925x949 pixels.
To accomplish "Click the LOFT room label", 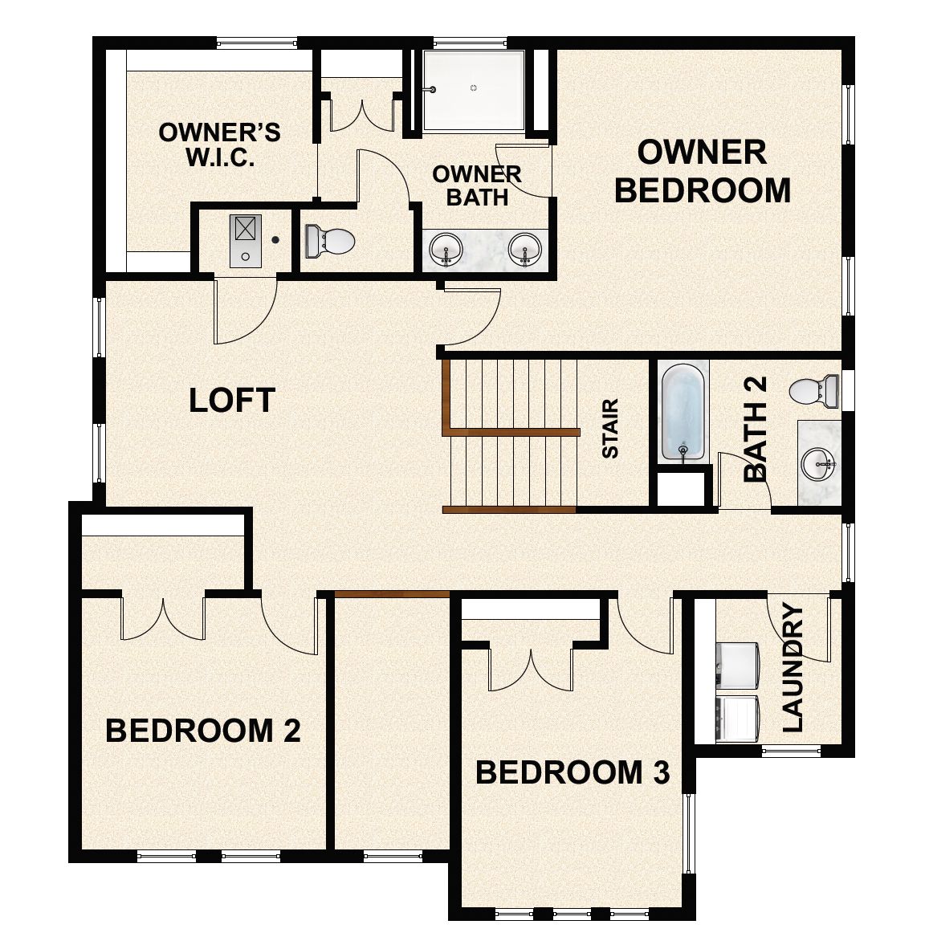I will point(232,399).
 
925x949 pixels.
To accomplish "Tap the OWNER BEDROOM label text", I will point(703,171).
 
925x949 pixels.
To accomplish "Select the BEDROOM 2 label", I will point(203,731).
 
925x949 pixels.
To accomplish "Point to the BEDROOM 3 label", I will point(573,772).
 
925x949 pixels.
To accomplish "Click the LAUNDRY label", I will point(793,668).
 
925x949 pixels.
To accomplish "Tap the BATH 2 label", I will point(756,430).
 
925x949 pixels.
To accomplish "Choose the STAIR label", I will point(610,429).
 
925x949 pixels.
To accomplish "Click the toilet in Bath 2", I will point(813,391).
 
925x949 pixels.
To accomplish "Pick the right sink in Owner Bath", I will point(525,249).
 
